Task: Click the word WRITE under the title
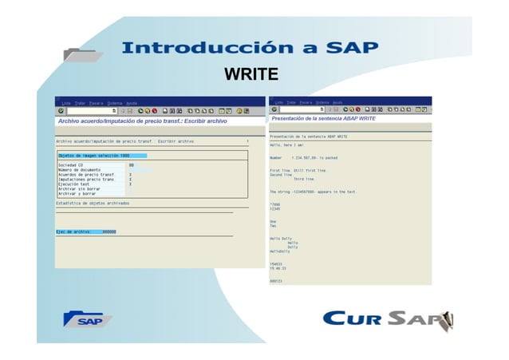pos(251,76)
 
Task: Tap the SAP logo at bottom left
pos(89,319)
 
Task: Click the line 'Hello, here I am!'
pos(286,145)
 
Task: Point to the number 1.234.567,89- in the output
pos(305,158)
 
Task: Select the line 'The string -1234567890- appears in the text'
pos(313,192)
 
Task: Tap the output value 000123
pos(276,281)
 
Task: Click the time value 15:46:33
pos(278,268)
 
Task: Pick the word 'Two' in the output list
pos(273,226)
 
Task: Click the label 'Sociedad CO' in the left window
pos(71,164)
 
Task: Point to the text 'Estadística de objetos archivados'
pos(92,204)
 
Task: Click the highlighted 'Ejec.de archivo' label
pos(73,231)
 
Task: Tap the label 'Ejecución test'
pos(75,184)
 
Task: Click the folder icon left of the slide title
pos(82,55)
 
